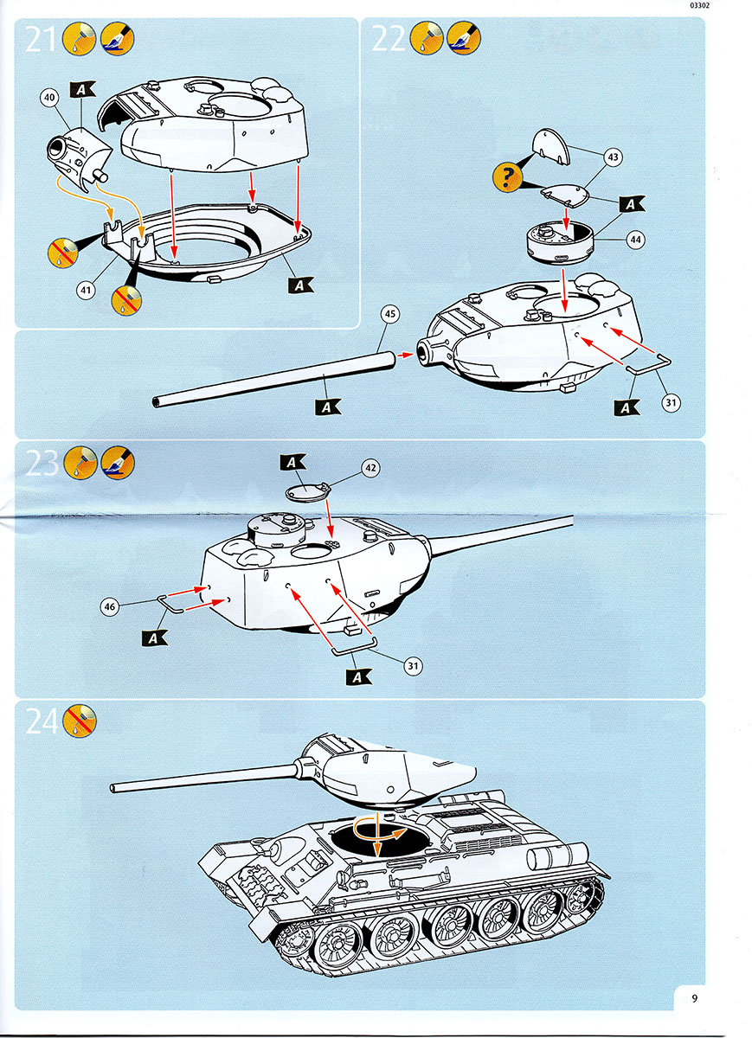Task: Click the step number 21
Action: (x=42, y=39)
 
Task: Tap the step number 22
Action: (x=388, y=39)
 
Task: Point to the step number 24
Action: (x=42, y=721)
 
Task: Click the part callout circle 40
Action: (x=49, y=99)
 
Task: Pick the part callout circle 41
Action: (x=86, y=291)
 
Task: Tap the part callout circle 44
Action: (x=637, y=241)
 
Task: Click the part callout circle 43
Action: (x=614, y=157)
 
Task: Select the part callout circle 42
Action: (x=370, y=468)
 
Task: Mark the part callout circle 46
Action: (x=109, y=607)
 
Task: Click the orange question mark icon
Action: (x=506, y=179)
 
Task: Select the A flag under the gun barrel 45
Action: (x=328, y=405)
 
